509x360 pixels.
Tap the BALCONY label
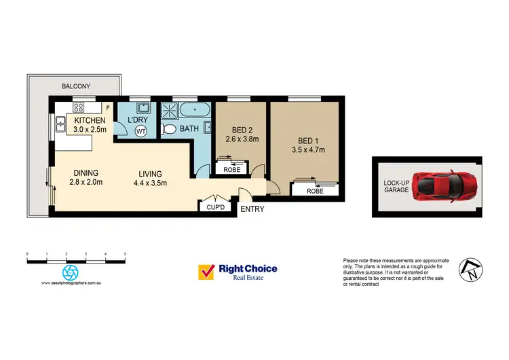pyautogui.click(x=77, y=86)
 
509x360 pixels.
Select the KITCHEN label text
pyautogui.click(x=90, y=120)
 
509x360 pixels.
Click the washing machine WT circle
pyautogui.click(x=141, y=130)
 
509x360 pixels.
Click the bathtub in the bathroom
pyautogui.click(x=194, y=110)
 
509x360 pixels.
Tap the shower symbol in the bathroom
pyautogui.click(x=169, y=110)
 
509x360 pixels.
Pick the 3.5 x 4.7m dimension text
pyautogui.click(x=308, y=150)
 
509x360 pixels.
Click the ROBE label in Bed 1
pyautogui.click(x=314, y=191)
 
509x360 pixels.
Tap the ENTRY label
pyautogui.click(x=252, y=209)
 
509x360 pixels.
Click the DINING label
pyautogui.click(x=86, y=173)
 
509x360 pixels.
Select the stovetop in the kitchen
pyautogui.click(x=78, y=106)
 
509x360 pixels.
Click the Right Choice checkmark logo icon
pyautogui.click(x=206, y=272)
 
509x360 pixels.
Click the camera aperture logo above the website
pyautogui.click(x=69, y=272)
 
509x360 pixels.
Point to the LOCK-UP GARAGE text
pyautogui.click(x=396, y=185)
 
